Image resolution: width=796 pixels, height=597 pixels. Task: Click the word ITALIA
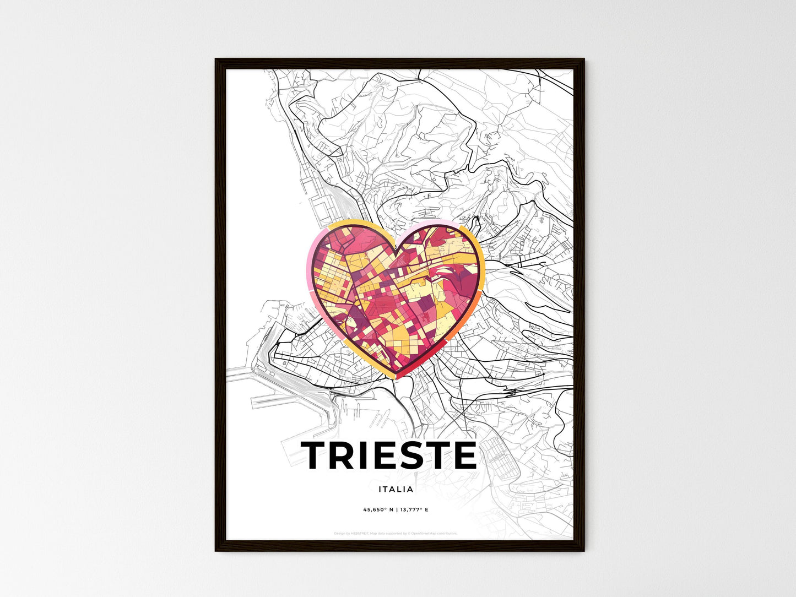[396, 489]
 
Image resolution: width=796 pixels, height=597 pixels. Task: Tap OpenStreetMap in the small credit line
[423, 533]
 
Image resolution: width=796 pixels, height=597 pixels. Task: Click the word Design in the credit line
[340, 533]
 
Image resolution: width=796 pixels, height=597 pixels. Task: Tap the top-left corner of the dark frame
[216, 59]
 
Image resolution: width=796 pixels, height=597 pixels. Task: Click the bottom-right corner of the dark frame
[583, 550]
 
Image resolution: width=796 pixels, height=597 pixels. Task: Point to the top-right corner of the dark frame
[583, 59]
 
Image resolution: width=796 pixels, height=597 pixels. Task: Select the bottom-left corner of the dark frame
[216, 550]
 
